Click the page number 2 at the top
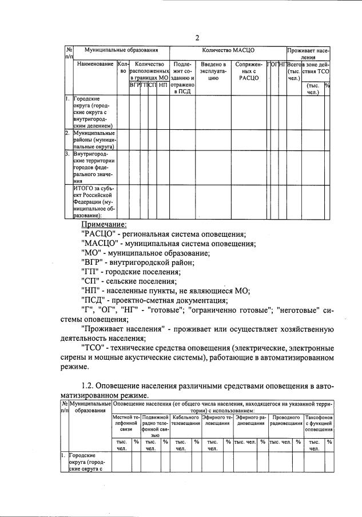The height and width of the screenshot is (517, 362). (197, 38)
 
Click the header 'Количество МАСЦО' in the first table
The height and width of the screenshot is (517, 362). (228, 51)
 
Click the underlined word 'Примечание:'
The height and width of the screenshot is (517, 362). (104, 225)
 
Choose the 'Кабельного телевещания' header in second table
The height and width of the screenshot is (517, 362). (185, 422)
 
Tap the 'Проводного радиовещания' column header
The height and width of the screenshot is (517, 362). (285, 422)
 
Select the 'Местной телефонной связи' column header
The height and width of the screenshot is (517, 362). (126, 424)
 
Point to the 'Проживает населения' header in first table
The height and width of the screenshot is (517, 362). (309, 54)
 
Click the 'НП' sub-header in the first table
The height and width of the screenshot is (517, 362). (164, 85)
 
